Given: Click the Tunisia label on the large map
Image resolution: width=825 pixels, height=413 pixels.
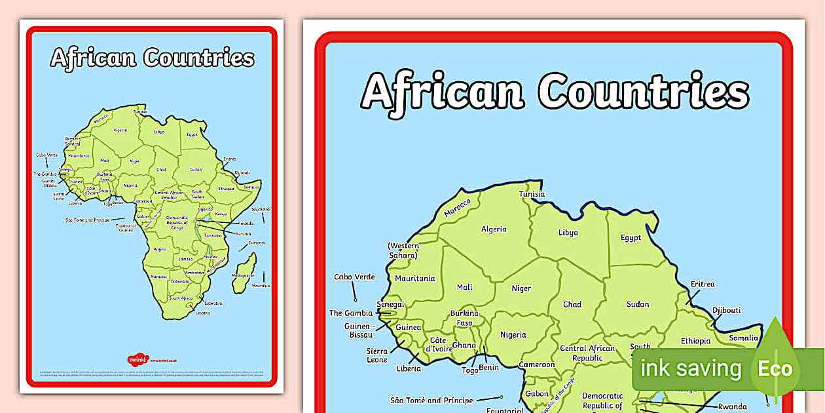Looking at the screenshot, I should [x=532, y=194].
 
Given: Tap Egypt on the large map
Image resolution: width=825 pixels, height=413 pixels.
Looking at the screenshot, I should [x=631, y=237].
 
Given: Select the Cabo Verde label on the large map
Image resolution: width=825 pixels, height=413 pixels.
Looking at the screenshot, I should [x=354, y=277].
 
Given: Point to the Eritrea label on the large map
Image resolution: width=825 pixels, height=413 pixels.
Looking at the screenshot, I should [x=703, y=284].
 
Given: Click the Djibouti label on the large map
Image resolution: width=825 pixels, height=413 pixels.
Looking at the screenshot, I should [x=726, y=310].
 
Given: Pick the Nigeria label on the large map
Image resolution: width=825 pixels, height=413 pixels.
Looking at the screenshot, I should [x=513, y=334].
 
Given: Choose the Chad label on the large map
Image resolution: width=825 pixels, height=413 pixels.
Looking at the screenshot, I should [x=572, y=304].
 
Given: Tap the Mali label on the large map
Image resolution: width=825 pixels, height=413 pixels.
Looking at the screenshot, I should [x=464, y=287].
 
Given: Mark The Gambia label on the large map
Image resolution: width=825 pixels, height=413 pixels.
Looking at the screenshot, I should [x=350, y=313].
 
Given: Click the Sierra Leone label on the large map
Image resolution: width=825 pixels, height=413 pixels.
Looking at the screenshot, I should [x=376, y=355].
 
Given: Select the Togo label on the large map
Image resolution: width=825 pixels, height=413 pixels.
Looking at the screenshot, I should [x=470, y=370].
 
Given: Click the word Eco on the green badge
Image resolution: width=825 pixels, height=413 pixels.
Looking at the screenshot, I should [x=775, y=368].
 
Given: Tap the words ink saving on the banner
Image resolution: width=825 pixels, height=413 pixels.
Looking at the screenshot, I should [x=691, y=368].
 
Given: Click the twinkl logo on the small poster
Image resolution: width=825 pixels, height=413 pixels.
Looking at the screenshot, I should [x=138, y=359].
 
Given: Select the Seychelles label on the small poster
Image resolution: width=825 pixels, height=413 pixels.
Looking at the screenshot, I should [x=261, y=209].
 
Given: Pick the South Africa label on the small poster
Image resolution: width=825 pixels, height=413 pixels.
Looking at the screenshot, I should [x=180, y=298].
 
